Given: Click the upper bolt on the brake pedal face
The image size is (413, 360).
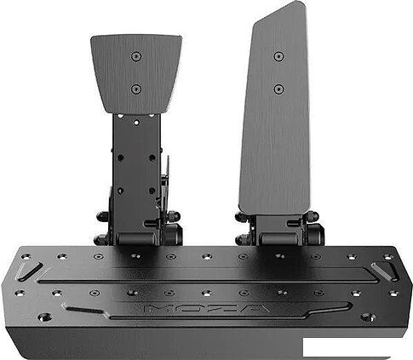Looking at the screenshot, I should [136, 56].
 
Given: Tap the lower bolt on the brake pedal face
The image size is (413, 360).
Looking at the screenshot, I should [136, 89].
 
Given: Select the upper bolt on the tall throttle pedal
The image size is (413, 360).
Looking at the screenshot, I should [278, 56].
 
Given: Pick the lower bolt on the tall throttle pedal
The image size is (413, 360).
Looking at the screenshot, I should [278, 89].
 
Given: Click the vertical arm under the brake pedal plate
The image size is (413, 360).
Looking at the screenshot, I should [137, 166].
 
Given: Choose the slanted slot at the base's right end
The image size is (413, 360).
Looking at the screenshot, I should [383, 270].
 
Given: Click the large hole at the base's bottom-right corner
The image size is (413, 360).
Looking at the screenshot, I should [367, 317].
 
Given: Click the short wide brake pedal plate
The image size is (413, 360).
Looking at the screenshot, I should [136, 73].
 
